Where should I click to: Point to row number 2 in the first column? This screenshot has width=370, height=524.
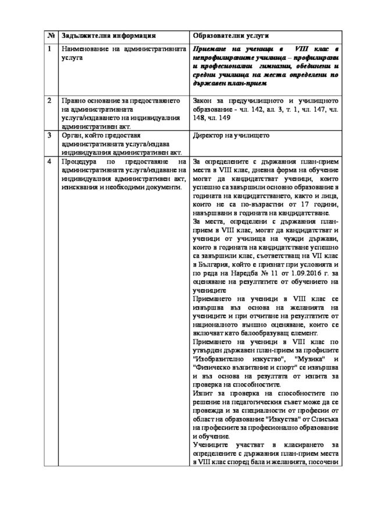50,100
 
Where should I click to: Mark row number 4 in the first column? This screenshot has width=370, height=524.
50,160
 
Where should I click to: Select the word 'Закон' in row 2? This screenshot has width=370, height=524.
203,101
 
